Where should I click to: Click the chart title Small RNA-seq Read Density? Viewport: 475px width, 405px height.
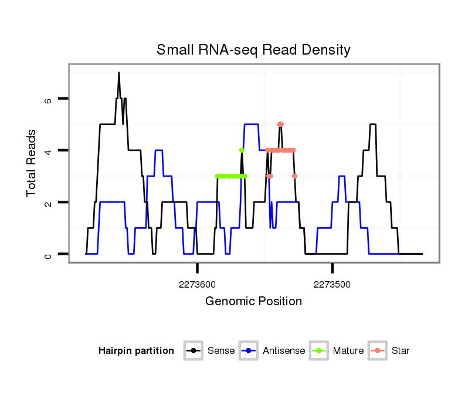pyautogui.click(x=253, y=50)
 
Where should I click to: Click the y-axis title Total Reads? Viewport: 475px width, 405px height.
pyautogui.click(x=32, y=163)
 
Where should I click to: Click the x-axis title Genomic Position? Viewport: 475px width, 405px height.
pyautogui.click(x=253, y=302)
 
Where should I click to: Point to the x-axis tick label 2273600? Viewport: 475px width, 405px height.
pyautogui.click(x=197, y=285)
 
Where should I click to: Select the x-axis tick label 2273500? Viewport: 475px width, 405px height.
pyautogui.click(x=332, y=285)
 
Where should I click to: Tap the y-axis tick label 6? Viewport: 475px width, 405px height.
pyautogui.click(x=49, y=99)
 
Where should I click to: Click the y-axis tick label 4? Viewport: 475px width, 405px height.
pyautogui.click(x=49, y=151)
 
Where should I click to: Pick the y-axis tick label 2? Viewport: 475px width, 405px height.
pyautogui.click(x=49, y=203)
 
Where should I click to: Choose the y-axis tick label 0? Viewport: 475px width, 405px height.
pyautogui.click(x=49, y=254)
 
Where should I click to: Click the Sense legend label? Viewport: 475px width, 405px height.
pyautogui.click(x=221, y=351)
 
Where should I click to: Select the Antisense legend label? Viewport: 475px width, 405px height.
pyautogui.click(x=284, y=351)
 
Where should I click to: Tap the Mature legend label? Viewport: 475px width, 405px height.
pyautogui.click(x=348, y=351)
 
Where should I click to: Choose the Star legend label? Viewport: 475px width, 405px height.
pyautogui.click(x=401, y=351)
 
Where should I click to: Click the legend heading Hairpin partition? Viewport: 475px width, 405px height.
pyautogui.click(x=136, y=351)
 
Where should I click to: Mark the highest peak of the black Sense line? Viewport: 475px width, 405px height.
pyautogui.click(x=118, y=73)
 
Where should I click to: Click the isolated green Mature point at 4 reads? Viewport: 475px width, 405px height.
pyautogui.click(x=242, y=150)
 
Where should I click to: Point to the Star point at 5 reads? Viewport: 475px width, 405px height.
pyautogui.click(x=280, y=124)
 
